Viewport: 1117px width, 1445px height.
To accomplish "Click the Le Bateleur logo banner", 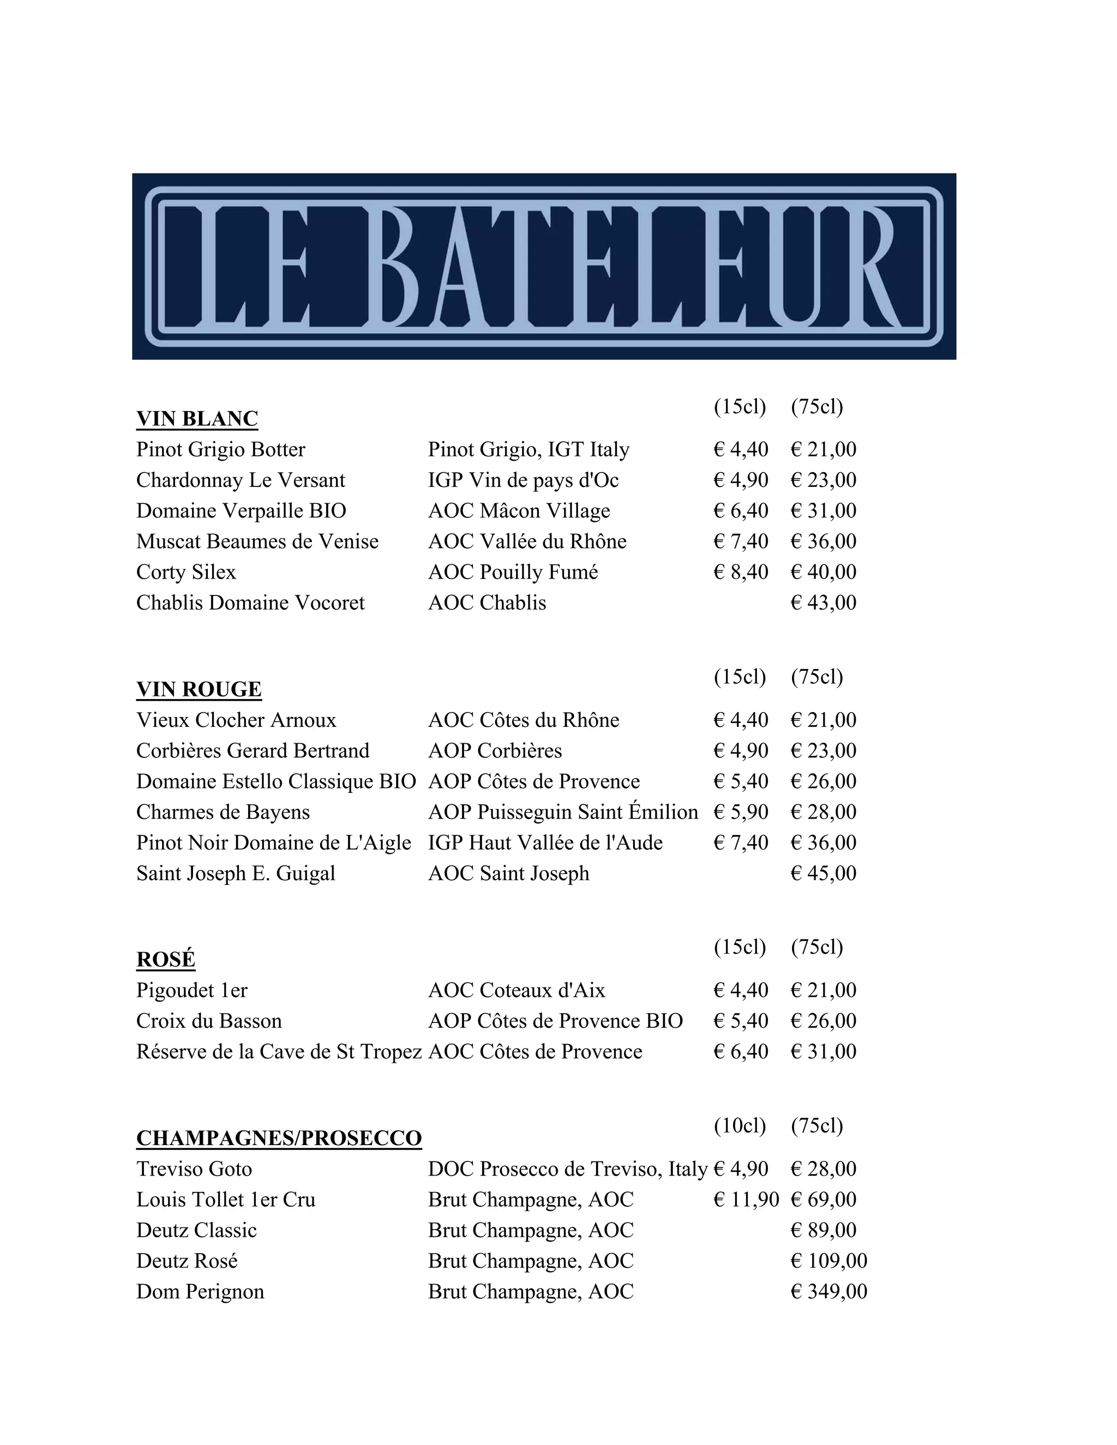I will [544, 266].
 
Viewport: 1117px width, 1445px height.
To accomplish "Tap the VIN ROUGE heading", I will [199, 689].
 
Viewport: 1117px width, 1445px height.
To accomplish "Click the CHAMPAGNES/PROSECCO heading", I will [279, 1138].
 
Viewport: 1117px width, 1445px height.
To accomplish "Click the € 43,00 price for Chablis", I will [823, 603].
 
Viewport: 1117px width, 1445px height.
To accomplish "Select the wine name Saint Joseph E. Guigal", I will [236, 874].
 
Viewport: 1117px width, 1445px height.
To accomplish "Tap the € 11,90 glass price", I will [746, 1200].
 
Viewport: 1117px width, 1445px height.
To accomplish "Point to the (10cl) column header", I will [740, 1125].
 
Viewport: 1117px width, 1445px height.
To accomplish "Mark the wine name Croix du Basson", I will [209, 1021].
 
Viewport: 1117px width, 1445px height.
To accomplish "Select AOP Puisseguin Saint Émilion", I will [562, 812].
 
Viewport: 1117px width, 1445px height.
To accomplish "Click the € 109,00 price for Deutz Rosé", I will [828, 1261].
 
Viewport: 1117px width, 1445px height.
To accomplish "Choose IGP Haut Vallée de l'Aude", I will [545, 842].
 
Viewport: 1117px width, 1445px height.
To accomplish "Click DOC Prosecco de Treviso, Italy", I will [568, 1169].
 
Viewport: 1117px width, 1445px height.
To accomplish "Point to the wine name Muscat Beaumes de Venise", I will [257, 541].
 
